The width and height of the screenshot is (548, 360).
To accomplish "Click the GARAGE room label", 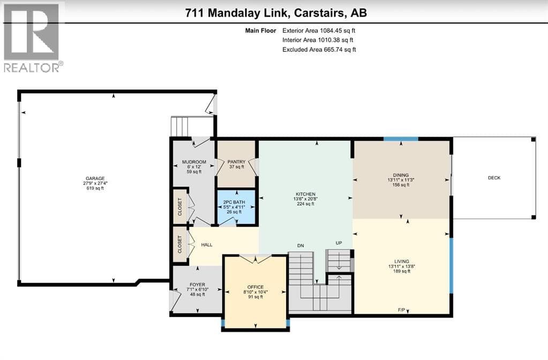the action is (95, 178).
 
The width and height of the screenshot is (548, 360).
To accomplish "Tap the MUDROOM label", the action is (194, 162).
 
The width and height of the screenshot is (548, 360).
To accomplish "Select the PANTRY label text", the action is (236, 162).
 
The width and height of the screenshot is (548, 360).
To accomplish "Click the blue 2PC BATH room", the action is (236, 207).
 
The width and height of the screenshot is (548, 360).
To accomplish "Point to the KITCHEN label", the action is (305, 194).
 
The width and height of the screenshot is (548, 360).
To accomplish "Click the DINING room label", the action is (401, 175).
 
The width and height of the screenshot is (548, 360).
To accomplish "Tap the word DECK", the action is (494, 178).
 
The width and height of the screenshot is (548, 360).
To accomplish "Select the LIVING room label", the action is (402, 261).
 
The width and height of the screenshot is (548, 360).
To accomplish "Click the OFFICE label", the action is (256, 287).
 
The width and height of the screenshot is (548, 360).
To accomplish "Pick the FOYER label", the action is (198, 285).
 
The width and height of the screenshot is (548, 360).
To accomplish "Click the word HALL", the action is (207, 245).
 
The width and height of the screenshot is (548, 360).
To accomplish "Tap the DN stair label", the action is (301, 246).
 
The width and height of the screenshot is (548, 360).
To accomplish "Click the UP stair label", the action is (339, 243).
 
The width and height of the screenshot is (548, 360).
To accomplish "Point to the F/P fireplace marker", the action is (401, 310).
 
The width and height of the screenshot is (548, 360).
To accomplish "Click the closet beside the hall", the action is (180, 245).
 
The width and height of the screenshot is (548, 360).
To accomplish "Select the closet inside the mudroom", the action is (180, 207).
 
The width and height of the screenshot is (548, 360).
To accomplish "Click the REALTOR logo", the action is (32, 37).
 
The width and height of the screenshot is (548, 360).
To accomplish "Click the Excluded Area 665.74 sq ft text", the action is (319, 50).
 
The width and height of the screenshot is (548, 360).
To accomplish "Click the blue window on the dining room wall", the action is (401, 139).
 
